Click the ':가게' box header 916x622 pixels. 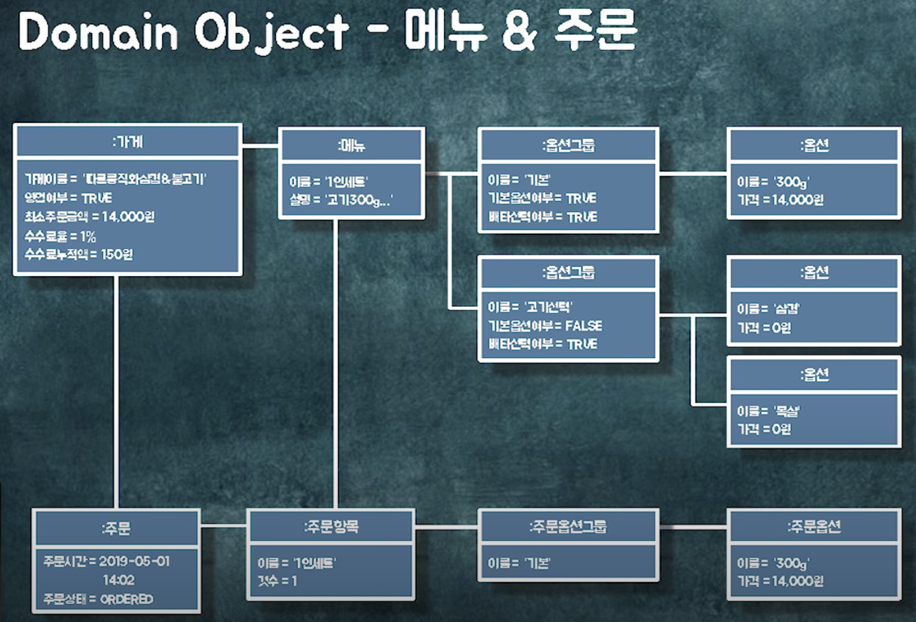128,142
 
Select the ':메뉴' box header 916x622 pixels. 351,145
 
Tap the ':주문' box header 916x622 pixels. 117,528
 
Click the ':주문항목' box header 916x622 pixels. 330,526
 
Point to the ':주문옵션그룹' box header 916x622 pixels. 568,526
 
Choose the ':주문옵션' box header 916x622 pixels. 814,526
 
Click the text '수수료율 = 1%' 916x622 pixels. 60,236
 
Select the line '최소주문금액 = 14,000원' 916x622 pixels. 89,217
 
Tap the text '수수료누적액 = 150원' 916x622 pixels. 79,255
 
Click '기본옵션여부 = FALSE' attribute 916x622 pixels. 545,326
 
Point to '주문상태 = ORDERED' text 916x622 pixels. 98,599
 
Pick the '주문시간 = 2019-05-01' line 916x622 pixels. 107,561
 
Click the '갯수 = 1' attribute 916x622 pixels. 277,581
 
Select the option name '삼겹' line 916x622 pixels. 768,308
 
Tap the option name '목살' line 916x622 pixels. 768,411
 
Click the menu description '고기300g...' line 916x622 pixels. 341,200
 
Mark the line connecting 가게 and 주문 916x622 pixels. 117,394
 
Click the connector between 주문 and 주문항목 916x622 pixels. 223,526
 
